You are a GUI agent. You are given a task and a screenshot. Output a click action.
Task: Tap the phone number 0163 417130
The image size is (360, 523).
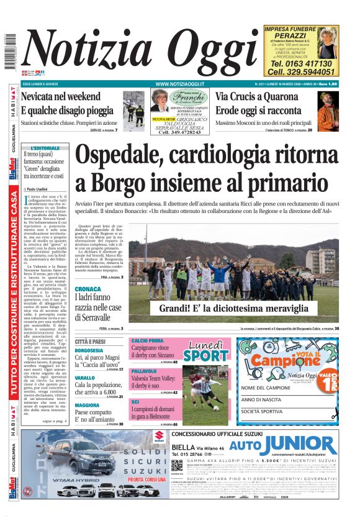click(302, 63)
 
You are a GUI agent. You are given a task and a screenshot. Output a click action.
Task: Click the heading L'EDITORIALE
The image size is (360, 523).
click(45, 148)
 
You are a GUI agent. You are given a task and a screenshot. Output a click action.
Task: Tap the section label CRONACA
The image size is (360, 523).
click(88, 289)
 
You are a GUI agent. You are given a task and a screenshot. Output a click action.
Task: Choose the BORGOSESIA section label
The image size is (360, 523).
click(89, 350)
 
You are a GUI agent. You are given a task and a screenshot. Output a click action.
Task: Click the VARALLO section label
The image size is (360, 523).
click(85, 378)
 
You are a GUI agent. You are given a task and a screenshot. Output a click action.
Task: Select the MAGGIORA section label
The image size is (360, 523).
click(87, 405)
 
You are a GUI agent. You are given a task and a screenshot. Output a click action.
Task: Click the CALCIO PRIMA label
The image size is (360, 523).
click(147, 340)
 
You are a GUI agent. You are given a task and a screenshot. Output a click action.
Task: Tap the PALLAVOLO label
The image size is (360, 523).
click(144, 370)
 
